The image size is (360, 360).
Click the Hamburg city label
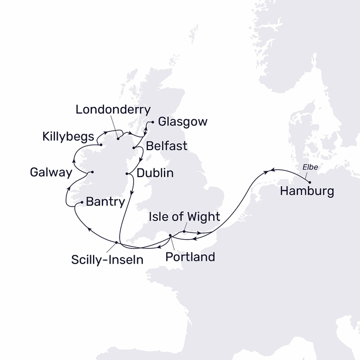click(x=307, y=192)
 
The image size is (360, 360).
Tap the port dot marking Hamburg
click(x=310, y=182)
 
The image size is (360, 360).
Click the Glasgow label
click(x=183, y=122)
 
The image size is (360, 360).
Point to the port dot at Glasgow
click(x=152, y=122)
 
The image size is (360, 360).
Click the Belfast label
click(x=167, y=146)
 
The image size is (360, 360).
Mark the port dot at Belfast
click(x=135, y=148)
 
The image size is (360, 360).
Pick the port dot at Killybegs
click(x=101, y=146)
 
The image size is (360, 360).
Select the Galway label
click(x=51, y=173)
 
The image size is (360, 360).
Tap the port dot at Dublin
click(x=128, y=174)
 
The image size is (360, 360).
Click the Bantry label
click(x=106, y=202)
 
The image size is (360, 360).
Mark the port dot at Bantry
click(x=82, y=203)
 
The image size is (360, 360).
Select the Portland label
click(x=191, y=258)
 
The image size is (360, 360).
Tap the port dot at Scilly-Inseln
click(x=116, y=242)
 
